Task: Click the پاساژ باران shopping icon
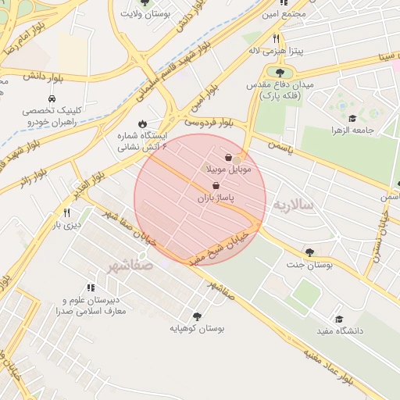click(x=215, y=185)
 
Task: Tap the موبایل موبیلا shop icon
click(x=228, y=157)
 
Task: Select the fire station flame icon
click(x=141, y=123)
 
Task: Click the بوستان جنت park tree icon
click(x=310, y=252)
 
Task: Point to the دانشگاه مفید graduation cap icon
click(x=339, y=319)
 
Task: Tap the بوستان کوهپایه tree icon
click(x=196, y=316)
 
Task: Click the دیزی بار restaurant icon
click(x=66, y=212)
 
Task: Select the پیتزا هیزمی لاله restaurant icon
click(x=276, y=38)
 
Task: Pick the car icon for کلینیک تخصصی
click(x=52, y=99)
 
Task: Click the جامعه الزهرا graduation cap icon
click(x=352, y=119)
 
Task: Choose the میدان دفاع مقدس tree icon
click(x=280, y=73)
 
